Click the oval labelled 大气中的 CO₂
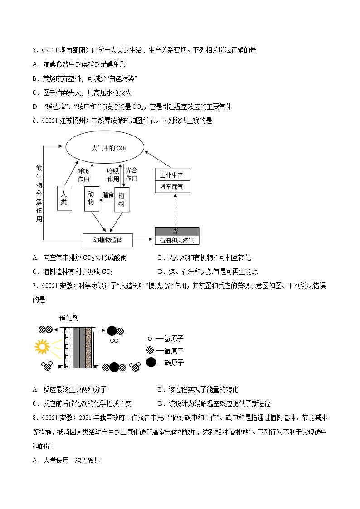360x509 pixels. [x=105, y=148]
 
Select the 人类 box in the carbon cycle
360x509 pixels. [x=64, y=198]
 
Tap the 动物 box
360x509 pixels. [x=91, y=198]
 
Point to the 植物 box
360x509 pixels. [x=122, y=199]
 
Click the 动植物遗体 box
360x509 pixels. [x=108, y=240]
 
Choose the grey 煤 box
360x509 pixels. [x=177, y=231]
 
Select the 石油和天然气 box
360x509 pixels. [x=177, y=240]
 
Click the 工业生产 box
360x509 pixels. [x=172, y=175]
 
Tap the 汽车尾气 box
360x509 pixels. [x=172, y=187]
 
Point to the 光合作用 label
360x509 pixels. [x=131, y=175]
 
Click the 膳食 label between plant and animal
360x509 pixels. [x=108, y=195]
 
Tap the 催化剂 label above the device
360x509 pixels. [x=68, y=318]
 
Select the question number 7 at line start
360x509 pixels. [x=34, y=286]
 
